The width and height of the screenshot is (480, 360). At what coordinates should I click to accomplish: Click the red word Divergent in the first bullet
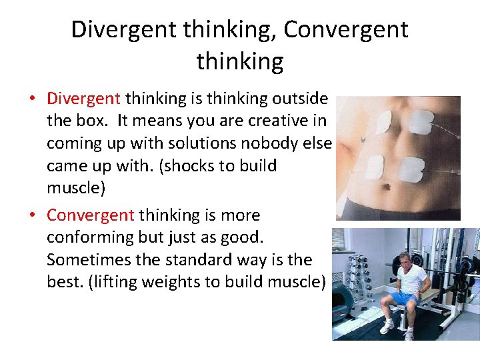(83, 99)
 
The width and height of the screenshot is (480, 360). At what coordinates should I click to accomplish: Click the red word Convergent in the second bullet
(90, 215)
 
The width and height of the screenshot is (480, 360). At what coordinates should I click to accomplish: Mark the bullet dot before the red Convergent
(33, 215)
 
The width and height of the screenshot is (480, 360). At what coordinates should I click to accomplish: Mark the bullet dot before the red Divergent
(33, 99)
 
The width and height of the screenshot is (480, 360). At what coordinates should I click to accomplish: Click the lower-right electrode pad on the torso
(411, 169)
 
